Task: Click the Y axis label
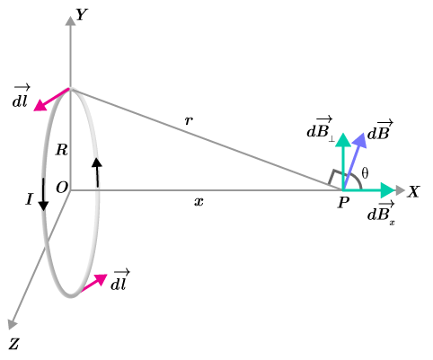click(82, 14)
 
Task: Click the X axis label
click(413, 191)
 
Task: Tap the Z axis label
click(14, 344)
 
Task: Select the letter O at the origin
click(62, 188)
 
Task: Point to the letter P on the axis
click(343, 203)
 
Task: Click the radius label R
click(62, 150)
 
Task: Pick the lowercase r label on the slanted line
click(189, 120)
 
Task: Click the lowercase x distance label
click(199, 202)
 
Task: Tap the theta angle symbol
click(365, 173)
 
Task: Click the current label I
click(29, 199)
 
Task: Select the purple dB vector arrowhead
click(360, 140)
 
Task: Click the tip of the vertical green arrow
click(343, 134)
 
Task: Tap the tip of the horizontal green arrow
click(394, 190)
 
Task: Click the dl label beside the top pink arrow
click(21, 97)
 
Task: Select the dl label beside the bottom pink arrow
click(119, 280)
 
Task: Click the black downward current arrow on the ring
click(43, 195)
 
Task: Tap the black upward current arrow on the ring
click(97, 172)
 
